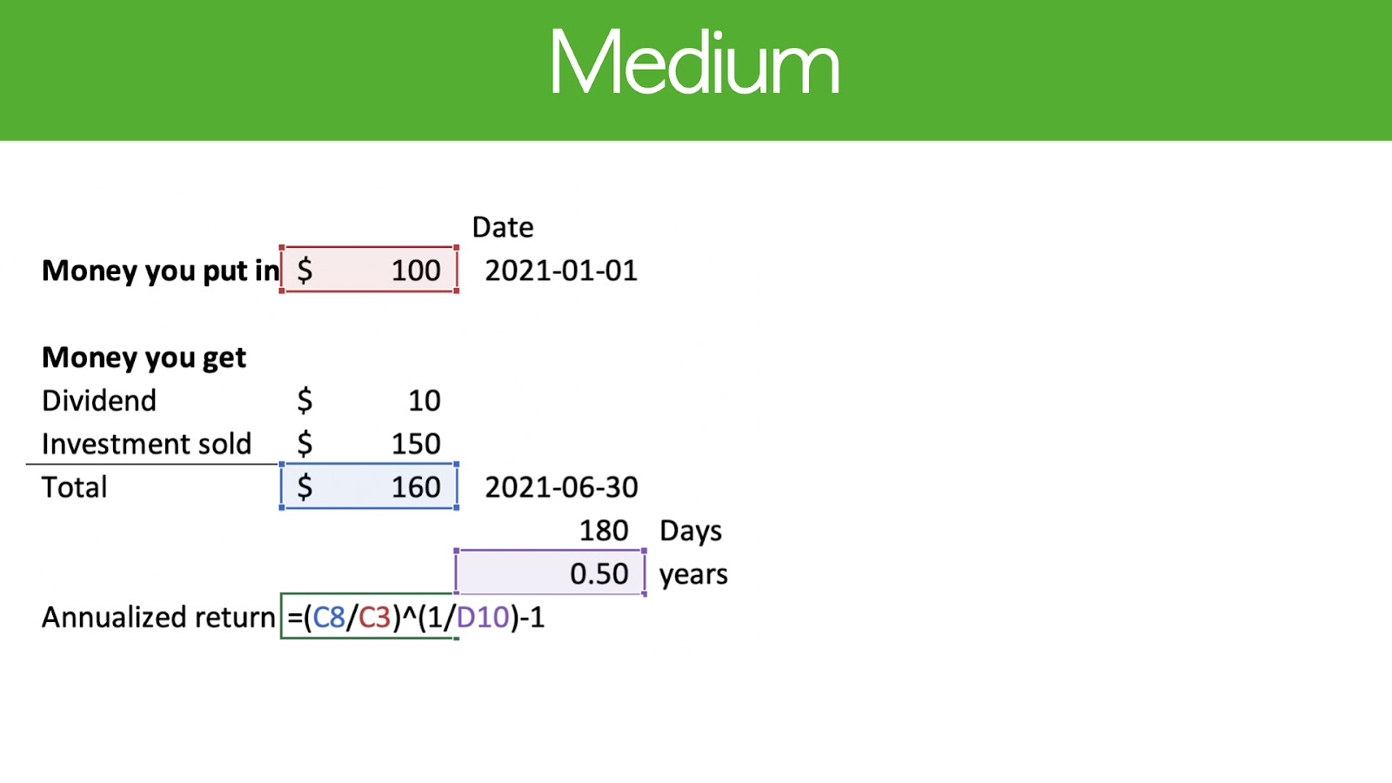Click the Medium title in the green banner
point(695,61)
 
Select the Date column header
point(502,227)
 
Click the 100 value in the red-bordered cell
point(416,271)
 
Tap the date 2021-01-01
point(561,271)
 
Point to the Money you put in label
point(160,271)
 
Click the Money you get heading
point(144,358)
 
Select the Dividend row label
point(99,401)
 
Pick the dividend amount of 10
point(425,401)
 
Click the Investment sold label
point(147,444)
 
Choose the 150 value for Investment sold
point(416,444)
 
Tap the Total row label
point(74,487)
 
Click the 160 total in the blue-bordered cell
point(416,487)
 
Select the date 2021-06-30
point(561,487)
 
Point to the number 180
point(604,531)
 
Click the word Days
point(691,532)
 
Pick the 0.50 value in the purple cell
point(599,574)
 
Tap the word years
point(693,575)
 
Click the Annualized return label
point(158,618)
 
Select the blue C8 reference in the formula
point(329,618)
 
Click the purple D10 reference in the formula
point(483,618)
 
